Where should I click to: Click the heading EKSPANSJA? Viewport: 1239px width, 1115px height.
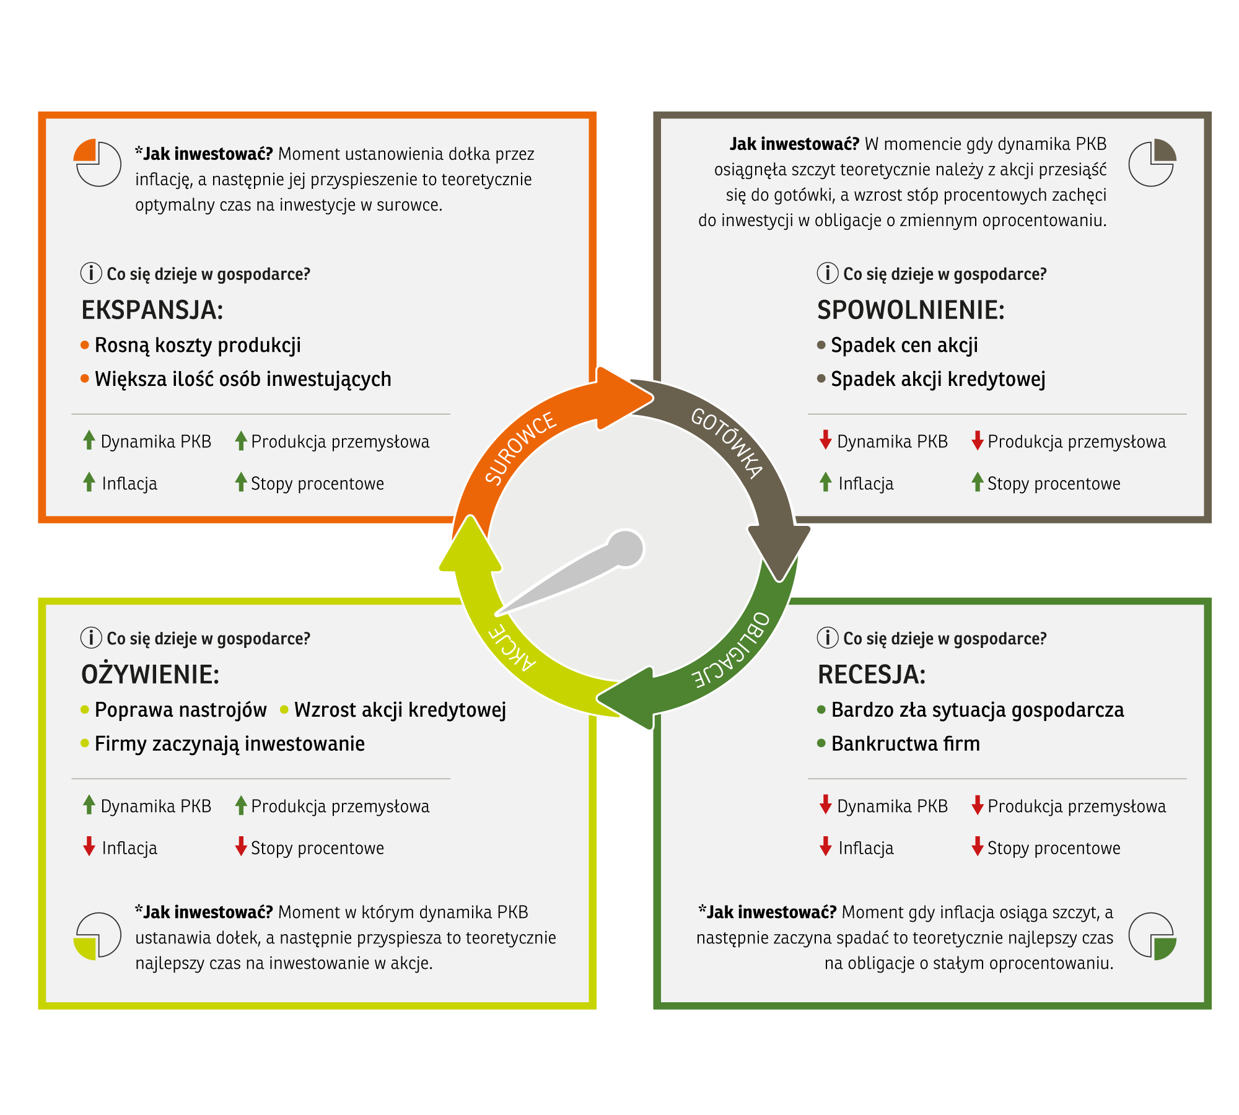tap(152, 310)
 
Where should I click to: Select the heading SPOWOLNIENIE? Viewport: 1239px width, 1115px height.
tap(911, 310)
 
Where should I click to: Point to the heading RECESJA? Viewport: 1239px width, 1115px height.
tap(872, 674)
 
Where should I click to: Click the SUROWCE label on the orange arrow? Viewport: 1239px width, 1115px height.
tap(520, 447)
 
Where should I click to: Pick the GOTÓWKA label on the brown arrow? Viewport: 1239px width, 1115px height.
tap(727, 443)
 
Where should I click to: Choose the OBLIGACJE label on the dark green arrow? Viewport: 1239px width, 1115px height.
tap(732, 650)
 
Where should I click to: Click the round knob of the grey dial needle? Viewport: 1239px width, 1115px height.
tap(626, 548)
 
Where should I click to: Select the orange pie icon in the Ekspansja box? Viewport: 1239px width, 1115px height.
tap(97, 163)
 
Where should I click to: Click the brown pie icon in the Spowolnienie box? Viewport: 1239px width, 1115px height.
tap(1152, 163)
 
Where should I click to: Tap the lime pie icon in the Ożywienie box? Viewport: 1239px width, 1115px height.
tap(97, 936)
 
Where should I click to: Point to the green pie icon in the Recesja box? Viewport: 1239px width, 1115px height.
tap(1152, 936)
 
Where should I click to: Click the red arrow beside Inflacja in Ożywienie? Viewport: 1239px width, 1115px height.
tap(89, 846)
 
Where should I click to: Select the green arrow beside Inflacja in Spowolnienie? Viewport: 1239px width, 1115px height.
tap(825, 482)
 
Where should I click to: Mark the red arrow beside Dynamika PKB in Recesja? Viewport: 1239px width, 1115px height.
tap(825, 805)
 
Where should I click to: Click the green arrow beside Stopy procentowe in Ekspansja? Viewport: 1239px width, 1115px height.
tap(241, 482)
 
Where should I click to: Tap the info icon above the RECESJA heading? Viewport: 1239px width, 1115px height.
tap(828, 637)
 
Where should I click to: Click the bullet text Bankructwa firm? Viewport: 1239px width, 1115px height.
tap(906, 743)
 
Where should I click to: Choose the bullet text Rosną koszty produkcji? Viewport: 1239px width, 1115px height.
tap(198, 346)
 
